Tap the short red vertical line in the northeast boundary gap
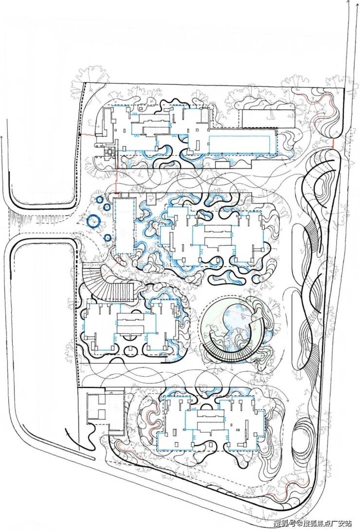point(333,145)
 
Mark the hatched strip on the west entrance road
point(19,221)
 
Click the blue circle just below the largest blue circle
point(107,238)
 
